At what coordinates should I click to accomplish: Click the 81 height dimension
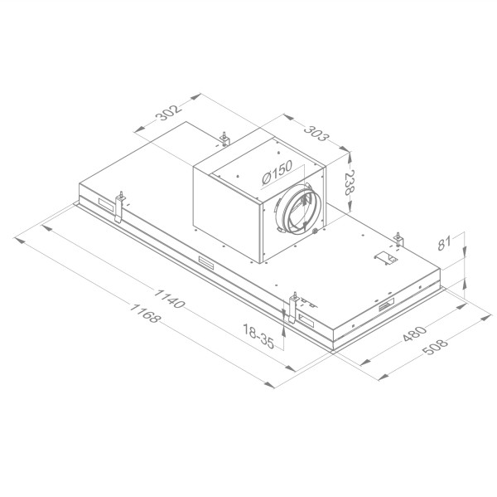tap(445, 244)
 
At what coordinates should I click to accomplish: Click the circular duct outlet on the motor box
tap(296, 212)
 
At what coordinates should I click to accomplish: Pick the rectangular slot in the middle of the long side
tap(204, 264)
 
